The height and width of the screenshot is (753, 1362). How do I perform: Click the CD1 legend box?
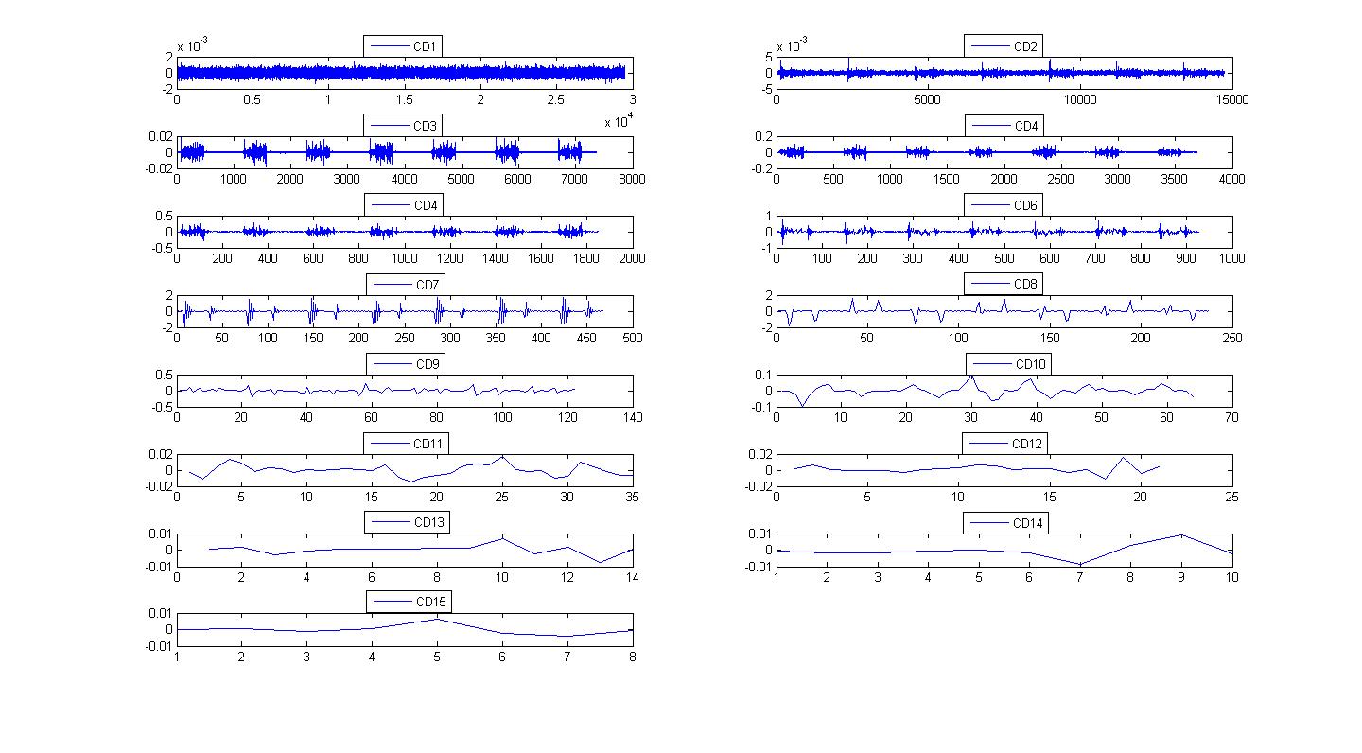(x=403, y=46)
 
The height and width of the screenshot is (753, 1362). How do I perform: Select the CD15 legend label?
(x=431, y=602)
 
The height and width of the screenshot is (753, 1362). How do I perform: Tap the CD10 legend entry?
(x=1008, y=364)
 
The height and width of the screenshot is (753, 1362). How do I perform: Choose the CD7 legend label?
(x=428, y=285)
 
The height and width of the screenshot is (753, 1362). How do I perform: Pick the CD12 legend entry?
(x=1004, y=444)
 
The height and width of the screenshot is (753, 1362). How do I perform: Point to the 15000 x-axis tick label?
(x=1232, y=99)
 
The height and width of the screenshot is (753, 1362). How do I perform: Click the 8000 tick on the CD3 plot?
(x=632, y=179)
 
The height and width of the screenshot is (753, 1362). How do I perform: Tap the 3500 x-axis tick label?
(x=1174, y=179)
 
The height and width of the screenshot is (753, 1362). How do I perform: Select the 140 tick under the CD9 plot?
(x=633, y=417)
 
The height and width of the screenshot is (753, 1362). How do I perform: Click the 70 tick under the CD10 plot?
(x=1231, y=417)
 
